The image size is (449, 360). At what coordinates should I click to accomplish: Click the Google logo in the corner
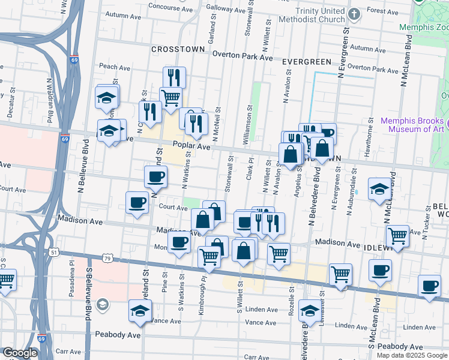[20, 353]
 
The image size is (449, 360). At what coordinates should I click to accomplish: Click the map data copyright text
[412, 355]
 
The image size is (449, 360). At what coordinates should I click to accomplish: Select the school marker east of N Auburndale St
[379, 190]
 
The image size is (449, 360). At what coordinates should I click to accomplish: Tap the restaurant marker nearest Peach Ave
[174, 77]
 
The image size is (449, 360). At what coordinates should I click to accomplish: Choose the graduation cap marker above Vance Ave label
[140, 310]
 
